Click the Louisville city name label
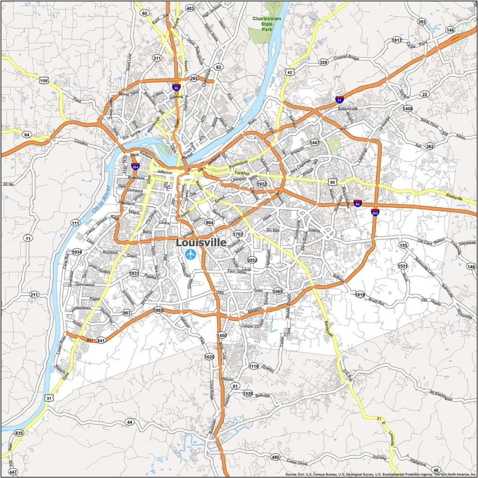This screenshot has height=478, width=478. (x=201, y=243)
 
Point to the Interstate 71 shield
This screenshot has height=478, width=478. (x=339, y=100)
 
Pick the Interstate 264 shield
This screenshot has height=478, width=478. (x=135, y=166)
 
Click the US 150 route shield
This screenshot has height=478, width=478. (x=44, y=80)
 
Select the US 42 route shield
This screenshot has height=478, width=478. (x=289, y=72)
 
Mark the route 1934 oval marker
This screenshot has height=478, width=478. (x=77, y=252)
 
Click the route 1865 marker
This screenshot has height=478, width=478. (x=158, y=310)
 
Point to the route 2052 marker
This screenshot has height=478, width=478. (x=252, y=260)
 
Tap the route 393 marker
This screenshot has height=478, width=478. (x=422, y=22)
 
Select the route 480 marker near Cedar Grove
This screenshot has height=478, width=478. (x=275, y=458)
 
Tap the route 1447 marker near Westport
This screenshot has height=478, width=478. (x=314, y=142)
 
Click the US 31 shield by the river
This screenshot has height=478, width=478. (x=48, y=398)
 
